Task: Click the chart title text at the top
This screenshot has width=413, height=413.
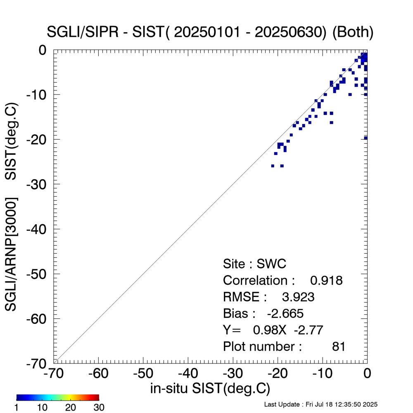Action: pos(211,33)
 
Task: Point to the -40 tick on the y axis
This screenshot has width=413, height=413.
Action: pos(38,229)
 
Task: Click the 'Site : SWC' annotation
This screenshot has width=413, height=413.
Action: pos(254,264)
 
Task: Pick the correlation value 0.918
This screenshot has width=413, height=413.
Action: pos(326,280)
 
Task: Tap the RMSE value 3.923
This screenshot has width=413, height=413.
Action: pos(298,297)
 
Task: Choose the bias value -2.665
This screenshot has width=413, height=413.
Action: pos(285,313)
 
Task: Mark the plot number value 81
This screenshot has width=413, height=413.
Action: pos(338,347)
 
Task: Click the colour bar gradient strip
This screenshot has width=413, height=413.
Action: pos(58,397)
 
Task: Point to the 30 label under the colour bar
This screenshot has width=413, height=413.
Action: pos(99,408)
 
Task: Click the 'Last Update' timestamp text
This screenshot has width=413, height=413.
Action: pos(320,404)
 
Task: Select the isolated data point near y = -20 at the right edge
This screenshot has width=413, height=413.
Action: pos(366,138)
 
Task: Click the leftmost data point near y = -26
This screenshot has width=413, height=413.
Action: pos(273,166)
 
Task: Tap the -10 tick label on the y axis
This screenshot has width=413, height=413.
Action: pos(38,95)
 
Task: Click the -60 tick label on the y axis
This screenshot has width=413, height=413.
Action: pos(38,319)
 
